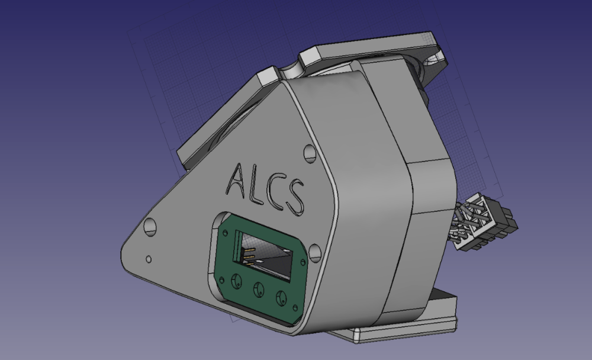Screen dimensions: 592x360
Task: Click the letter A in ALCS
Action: click(238, 179)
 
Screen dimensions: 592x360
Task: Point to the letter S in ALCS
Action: click(295, 197)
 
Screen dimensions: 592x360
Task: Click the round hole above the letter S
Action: click(310, 153)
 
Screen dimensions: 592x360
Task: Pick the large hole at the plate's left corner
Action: click(150, 226)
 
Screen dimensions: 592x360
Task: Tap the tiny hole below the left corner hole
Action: click(149, 259)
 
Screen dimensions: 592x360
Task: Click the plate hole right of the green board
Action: click(315, 252)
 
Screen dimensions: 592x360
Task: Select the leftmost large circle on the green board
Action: click(237, 281)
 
